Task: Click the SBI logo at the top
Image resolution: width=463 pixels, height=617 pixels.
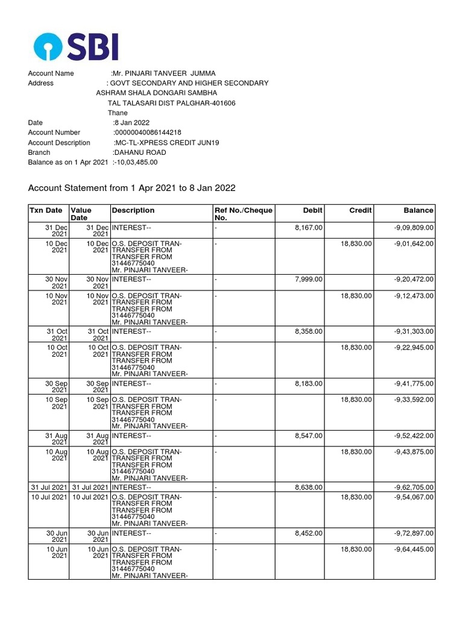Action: pos(76,46)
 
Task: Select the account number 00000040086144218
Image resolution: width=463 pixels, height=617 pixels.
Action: pos(148,133)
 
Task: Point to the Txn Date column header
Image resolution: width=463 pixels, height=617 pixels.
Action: pos(46,210)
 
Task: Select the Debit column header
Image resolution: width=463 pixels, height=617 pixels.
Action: pos(313,210)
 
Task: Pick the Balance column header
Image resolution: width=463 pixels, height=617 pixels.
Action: pos(418,210)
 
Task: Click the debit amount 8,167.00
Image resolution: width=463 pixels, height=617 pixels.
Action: pos(309,227)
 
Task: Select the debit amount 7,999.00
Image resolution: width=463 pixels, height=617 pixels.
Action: pos(309,279)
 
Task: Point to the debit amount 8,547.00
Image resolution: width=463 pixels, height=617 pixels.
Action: pos(309,436)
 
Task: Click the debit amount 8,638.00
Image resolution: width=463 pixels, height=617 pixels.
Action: pos(309,487)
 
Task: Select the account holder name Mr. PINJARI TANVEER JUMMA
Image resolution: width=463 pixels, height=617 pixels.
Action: pos(163,74)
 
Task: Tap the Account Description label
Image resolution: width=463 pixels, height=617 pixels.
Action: pos(59,143)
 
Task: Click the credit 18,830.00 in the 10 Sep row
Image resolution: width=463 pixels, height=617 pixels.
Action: pos(356,399)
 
